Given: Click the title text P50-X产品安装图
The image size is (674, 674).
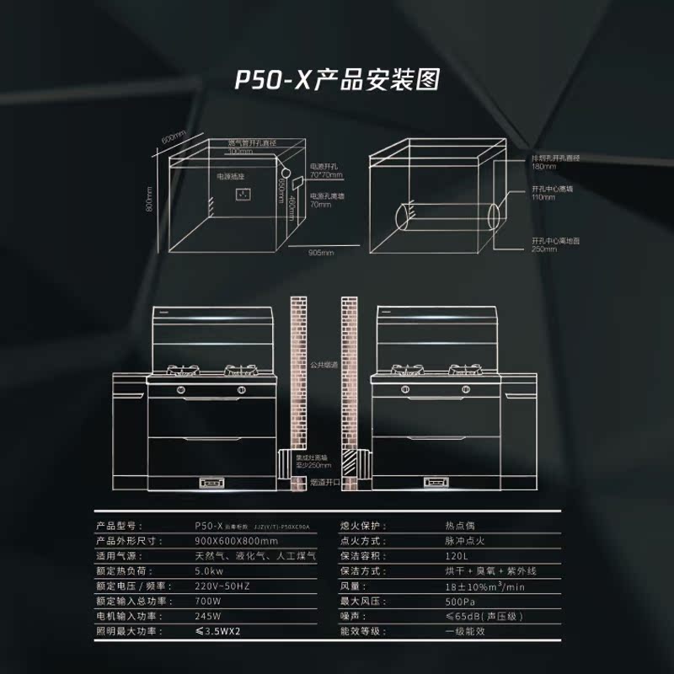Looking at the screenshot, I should click(x=337, y=80).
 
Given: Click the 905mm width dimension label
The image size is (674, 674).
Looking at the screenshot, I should click(x=321, y=252).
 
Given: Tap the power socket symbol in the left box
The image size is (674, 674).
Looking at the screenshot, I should click(x=243, y=195).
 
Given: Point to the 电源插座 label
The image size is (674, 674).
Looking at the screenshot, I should click(x=230, y=177).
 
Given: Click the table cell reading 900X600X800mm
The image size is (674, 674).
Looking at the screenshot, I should click(x=236, y=540).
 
